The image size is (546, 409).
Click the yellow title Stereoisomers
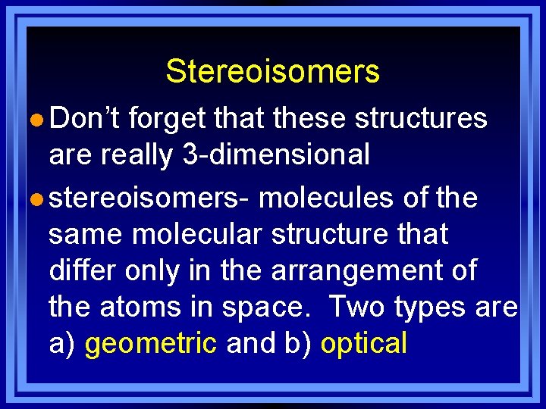pos(272,72)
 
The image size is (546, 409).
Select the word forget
pos(168,118)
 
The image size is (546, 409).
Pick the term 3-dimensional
pos(276,155)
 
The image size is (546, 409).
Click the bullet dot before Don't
pos(38,120)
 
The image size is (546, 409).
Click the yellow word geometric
pos(151,344)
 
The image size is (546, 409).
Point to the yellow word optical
pos(364,344)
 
